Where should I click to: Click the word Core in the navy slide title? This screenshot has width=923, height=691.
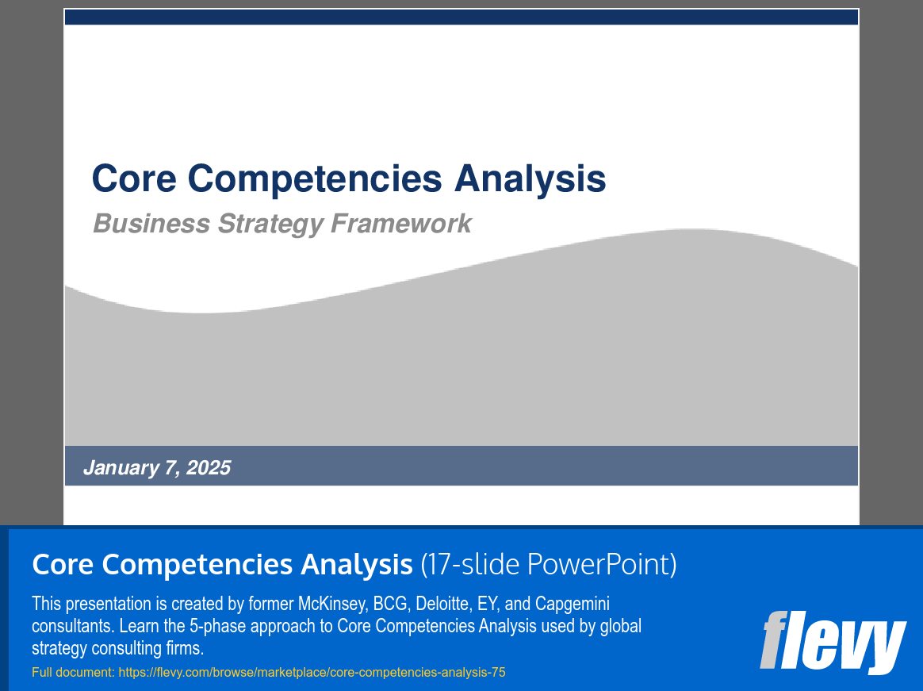134,178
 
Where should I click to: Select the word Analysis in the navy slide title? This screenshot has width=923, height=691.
530,179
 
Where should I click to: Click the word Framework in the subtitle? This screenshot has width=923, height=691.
401,224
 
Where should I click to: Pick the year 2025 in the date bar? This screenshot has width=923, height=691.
209,468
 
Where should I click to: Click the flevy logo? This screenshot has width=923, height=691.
833,642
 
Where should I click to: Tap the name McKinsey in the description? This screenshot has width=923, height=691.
333,604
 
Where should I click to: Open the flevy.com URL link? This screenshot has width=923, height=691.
312,672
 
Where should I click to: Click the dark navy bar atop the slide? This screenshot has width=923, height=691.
461,17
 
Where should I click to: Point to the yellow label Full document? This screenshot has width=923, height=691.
74,672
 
